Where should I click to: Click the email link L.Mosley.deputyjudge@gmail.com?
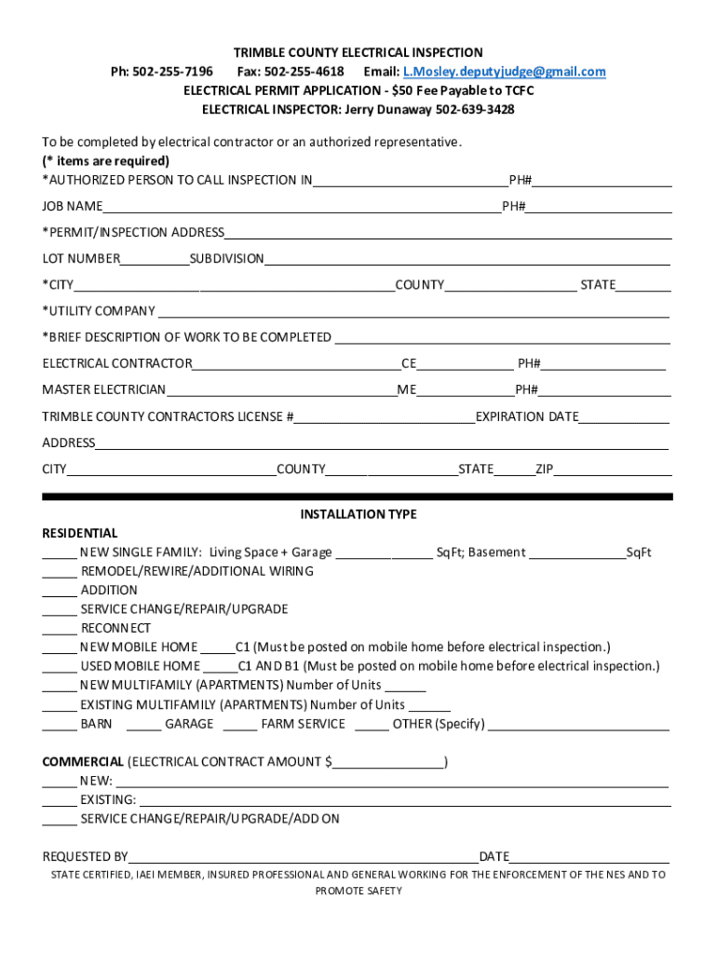coord(504,72)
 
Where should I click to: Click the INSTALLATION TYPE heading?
coord(358,514)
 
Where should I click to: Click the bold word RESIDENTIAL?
coord(80,534)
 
